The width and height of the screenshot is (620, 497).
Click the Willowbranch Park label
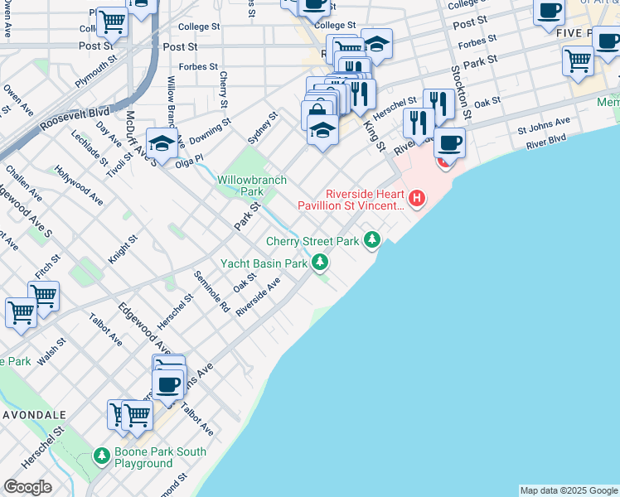point(252,186)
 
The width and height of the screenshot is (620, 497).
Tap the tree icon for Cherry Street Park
point(373,241)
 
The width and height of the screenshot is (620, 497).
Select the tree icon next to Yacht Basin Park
point(320,263)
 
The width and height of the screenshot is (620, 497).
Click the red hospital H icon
point(418,199)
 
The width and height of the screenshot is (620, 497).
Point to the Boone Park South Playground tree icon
point(101,456)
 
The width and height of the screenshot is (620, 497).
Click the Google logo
point(27,487)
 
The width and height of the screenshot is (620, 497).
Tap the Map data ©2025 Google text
point(569,490)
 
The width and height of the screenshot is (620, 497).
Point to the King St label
point(375,136)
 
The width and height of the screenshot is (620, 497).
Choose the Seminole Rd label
point(211,292)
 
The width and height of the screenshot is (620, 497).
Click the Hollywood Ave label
point(80,186)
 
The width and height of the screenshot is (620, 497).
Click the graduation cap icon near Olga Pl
point(162,142)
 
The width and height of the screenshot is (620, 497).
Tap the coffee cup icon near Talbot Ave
point(168,384)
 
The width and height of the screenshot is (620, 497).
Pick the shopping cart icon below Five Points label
point(578,60)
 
